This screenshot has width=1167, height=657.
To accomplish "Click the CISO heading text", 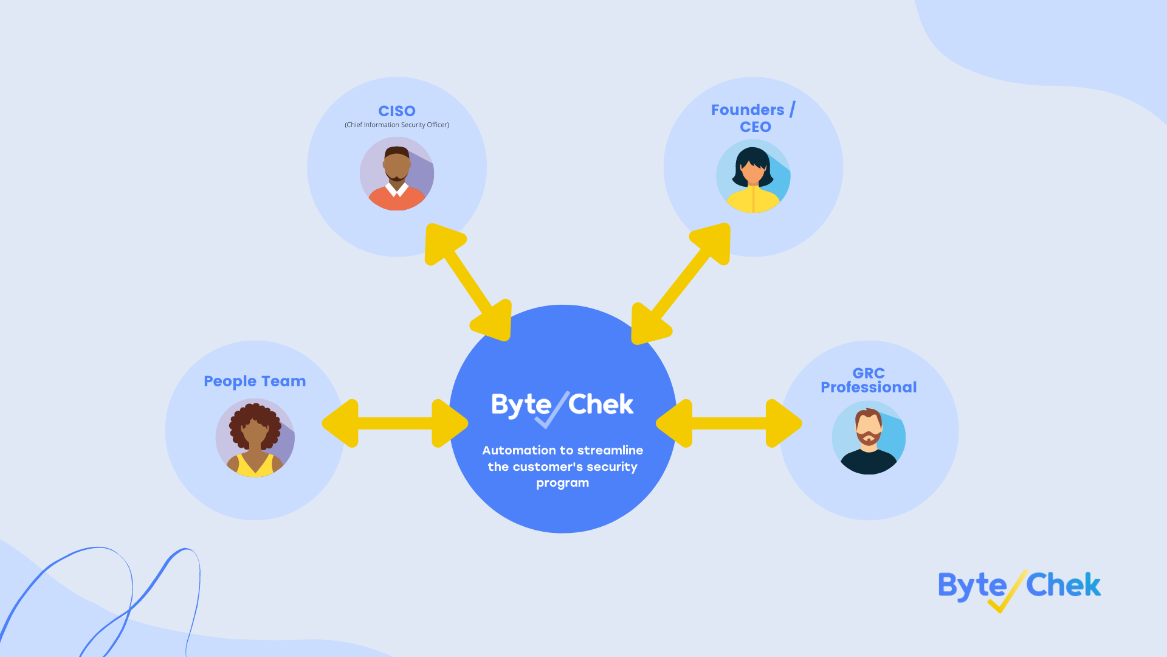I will [x=397, y=111].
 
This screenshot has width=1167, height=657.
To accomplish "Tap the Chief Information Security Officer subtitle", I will [x=397, y=125].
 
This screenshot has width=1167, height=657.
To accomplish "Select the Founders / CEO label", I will [x=754, y=118].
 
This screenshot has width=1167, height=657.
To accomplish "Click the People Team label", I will [x=255, y=381].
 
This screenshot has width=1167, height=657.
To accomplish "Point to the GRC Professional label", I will [x=869, y=380].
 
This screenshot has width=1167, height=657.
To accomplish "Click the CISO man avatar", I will [x=397, y=173].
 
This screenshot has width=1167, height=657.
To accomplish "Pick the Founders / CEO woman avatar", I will [x=753, y=176].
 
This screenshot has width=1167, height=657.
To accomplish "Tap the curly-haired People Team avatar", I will [x=255, y=437].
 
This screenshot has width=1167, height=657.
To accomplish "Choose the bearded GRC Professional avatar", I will [x=869, y=437].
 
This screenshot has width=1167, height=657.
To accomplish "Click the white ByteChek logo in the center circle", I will [x=562, y=406].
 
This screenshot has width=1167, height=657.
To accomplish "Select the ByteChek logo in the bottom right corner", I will [x=1019, y=588].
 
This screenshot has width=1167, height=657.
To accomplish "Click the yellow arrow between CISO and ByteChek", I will [x=468, y=282].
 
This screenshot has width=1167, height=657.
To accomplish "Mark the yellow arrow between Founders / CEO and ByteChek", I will [x=681, y=283].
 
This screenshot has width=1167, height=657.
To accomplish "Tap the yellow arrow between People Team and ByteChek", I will [x=395, y=423].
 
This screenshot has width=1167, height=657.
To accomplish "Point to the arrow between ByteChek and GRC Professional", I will [x=729, y=423].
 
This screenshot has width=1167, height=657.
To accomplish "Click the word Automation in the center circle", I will [x=511, y=450].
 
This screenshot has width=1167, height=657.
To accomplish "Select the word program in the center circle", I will [x=562, y=483].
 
